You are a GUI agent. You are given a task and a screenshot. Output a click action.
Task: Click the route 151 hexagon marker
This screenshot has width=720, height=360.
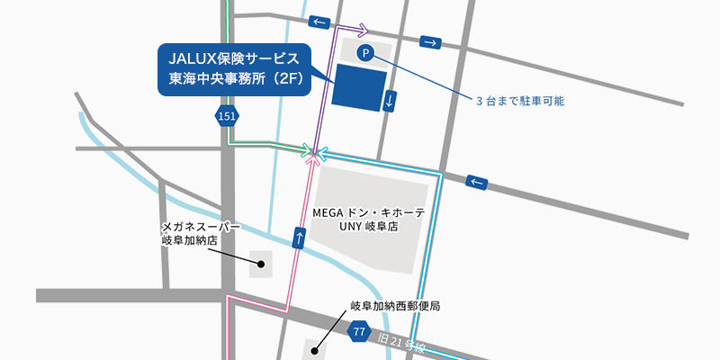click(x=228, y=115)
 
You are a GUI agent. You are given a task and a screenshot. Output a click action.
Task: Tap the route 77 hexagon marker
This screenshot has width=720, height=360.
click(x=358, y=332)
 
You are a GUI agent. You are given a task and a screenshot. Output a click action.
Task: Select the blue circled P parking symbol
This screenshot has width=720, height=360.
click(x=364, y=54)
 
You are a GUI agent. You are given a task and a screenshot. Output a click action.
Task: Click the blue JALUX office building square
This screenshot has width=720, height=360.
click(x=359, y=87)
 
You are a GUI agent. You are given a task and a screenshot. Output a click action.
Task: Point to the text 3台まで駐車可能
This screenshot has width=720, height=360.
click(x=520, y=101)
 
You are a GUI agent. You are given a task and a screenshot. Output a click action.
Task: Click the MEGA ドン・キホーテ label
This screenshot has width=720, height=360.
click(x=368, y=213)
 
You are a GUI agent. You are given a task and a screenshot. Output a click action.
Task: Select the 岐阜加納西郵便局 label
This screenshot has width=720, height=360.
click(x=395, y=306)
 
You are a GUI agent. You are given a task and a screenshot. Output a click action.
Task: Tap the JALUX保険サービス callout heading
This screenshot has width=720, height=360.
click(x=234, y=58)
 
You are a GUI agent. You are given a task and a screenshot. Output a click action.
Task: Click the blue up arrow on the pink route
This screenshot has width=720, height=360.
click(x=299, y=238)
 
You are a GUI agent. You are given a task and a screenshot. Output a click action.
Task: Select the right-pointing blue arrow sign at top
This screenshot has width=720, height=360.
click(x=432, y=41)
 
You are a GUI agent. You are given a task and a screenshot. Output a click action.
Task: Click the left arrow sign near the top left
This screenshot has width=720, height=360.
click(x=318, y=21)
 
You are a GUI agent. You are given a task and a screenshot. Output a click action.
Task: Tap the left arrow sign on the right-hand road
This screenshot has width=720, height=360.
click(x=477, y=182)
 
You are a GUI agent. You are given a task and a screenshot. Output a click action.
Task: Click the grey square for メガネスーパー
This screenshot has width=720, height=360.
click(x=260, y=263)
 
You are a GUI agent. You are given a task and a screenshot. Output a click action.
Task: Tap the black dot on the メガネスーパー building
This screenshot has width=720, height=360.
click(x=260, y=264)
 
